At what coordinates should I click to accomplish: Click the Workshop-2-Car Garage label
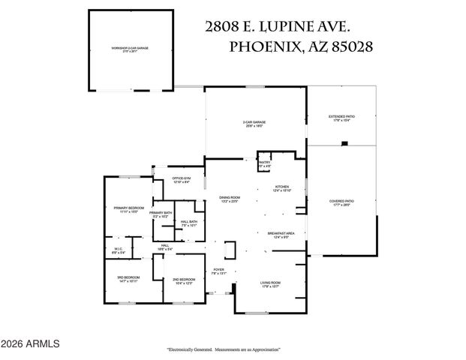[130, 49]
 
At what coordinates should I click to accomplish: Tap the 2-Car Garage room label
[254, 124]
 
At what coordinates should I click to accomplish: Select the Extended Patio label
[341, 118]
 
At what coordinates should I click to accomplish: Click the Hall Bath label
[189, 223]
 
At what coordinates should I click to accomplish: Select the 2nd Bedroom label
[184, 281]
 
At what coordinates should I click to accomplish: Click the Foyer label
[218, 271]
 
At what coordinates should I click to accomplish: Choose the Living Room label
[270, 283]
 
